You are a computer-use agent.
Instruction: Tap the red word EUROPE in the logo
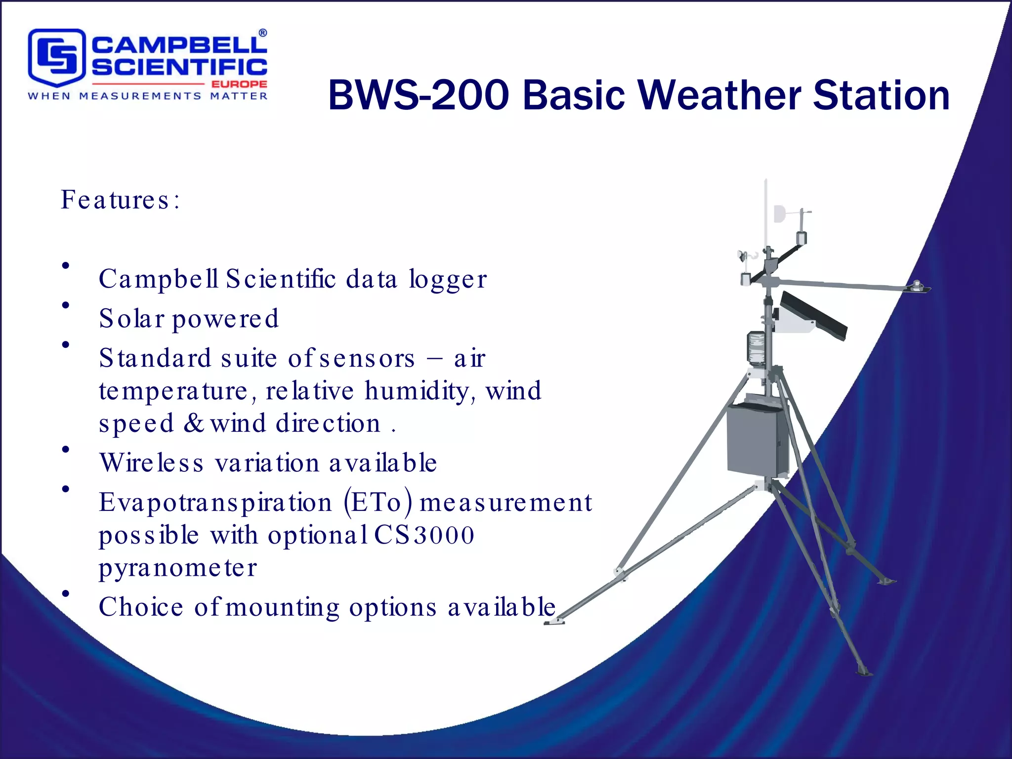pyautogui.click(x=239, y=84)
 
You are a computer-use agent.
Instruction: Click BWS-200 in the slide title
pyautogui.click(x=418, y=95)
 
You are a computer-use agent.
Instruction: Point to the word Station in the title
pyautogui.click(x=881, y=95)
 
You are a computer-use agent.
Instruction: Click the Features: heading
pyautogui.click(x=120, y=200)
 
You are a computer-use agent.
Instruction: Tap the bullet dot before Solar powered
pyautogui.click(x=65, y=305)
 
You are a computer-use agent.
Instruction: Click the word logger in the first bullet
pyautogui.click(x=448, y=280)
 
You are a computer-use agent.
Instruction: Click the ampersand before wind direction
pyautogui.click(x=193, y=423)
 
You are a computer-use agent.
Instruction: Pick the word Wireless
pyautogui.click(x=151, y=463)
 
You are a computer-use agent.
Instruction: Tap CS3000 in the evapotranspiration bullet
pyautogui.click(x=424, y=535)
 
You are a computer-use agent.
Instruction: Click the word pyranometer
pyautogui.click(x=178, y=568)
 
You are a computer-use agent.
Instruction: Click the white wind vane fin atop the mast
pyautogui.click(x=780, y=213)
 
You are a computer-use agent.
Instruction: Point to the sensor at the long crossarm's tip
pyautogui.click(x=918, y=286)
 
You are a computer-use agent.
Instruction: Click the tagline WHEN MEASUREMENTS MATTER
pyautogui.click(x=147, y=96)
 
